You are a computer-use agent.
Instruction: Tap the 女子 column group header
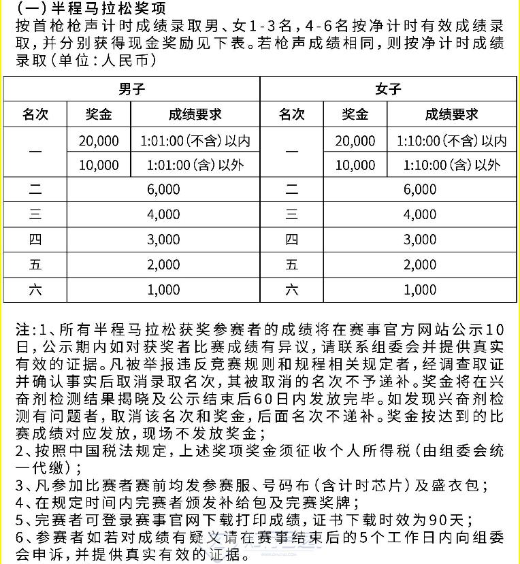click(388, 89)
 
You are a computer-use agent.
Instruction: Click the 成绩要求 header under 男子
click(195, 114)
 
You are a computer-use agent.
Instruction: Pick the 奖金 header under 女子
click(355, 114)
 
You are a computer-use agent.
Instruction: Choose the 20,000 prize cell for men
click(99, 141)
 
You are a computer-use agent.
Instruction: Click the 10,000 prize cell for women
click(355, 165)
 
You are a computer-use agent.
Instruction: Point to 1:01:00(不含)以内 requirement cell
click(195, 141)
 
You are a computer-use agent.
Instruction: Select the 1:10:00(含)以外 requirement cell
click(451, 165)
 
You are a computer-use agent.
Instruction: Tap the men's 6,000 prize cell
click(163, 190)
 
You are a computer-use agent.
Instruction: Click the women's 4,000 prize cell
click(420, 214)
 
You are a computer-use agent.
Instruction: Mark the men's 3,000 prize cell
click(163, 239)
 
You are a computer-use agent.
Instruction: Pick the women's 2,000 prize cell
click(420, 265)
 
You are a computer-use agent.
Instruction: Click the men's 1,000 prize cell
click(163, 290)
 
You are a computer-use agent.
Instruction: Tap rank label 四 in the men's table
click(35, 239)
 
